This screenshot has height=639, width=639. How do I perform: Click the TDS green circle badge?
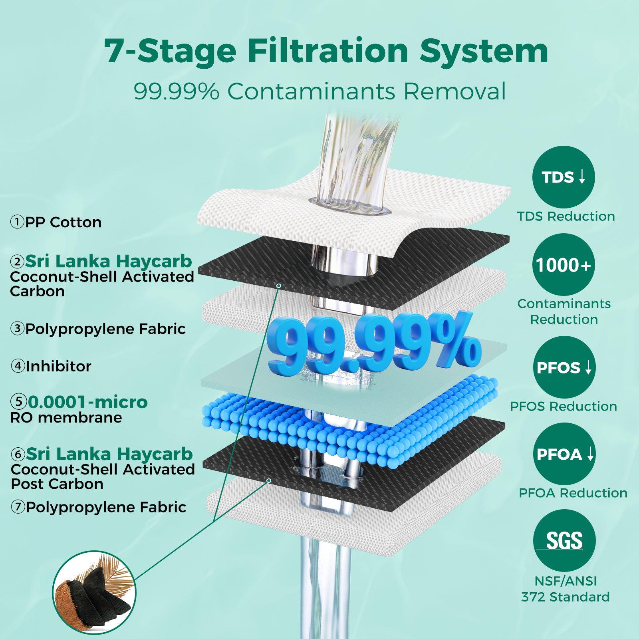click(x=564, y=177)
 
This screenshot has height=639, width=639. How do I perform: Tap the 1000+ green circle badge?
click(x=564, y=265)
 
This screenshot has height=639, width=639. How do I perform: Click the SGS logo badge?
click(x=564, y=541)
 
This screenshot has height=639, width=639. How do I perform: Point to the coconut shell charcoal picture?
click(x=94, y=593)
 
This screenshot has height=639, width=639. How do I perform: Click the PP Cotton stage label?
click(x=56, y=222)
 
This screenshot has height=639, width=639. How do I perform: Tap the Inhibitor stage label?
click(x=51, y=366)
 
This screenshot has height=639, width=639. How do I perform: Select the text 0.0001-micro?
click(x=88, y=402)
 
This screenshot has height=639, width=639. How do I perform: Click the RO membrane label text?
click(x=66, y=418)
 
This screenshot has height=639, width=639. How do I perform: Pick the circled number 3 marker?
click(x=18, y=329)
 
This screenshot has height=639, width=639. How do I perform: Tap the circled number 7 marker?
click(x=18, y=507)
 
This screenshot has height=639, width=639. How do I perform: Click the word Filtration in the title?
click(x=328, y=51)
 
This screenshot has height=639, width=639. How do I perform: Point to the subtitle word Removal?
click(x=454, y=91)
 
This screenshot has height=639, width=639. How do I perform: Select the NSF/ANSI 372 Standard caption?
click(x=566, y=589)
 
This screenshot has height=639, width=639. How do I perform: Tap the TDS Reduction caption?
click(x=566, y=216)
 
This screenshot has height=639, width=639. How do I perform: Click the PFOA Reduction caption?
click(x=573, y=493)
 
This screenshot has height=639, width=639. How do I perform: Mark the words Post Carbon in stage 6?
click(x=57, y=484)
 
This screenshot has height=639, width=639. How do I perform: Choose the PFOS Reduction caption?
click(x=564, y=407)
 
